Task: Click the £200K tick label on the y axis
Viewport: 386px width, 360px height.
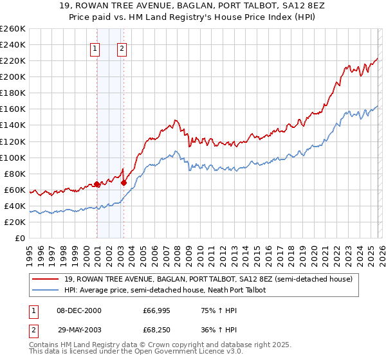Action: pyautogui.click(x=13, y=76)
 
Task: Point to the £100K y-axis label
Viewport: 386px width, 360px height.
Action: pyautogui.click(x=13, y=157)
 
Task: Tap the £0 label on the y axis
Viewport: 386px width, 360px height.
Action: pyautogui.click(x=20, y=238)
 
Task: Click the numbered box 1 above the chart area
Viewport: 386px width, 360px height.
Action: pyautogui.click(x=95, y=48)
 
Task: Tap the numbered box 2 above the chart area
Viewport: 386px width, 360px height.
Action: pyautogui.click(x=122, y=48)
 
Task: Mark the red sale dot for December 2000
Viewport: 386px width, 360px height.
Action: pyautogui.click(x=97, y=184)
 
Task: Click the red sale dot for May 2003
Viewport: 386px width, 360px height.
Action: pyautogui.click(x=124, y=183)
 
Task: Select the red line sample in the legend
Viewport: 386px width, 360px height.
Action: pyautogui.click(x=46, y=280)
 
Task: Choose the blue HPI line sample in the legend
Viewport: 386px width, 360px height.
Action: pyautogui.click(x=46, y=291)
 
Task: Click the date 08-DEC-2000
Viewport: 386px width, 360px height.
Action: pyautogui.click(x=79, y=310)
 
